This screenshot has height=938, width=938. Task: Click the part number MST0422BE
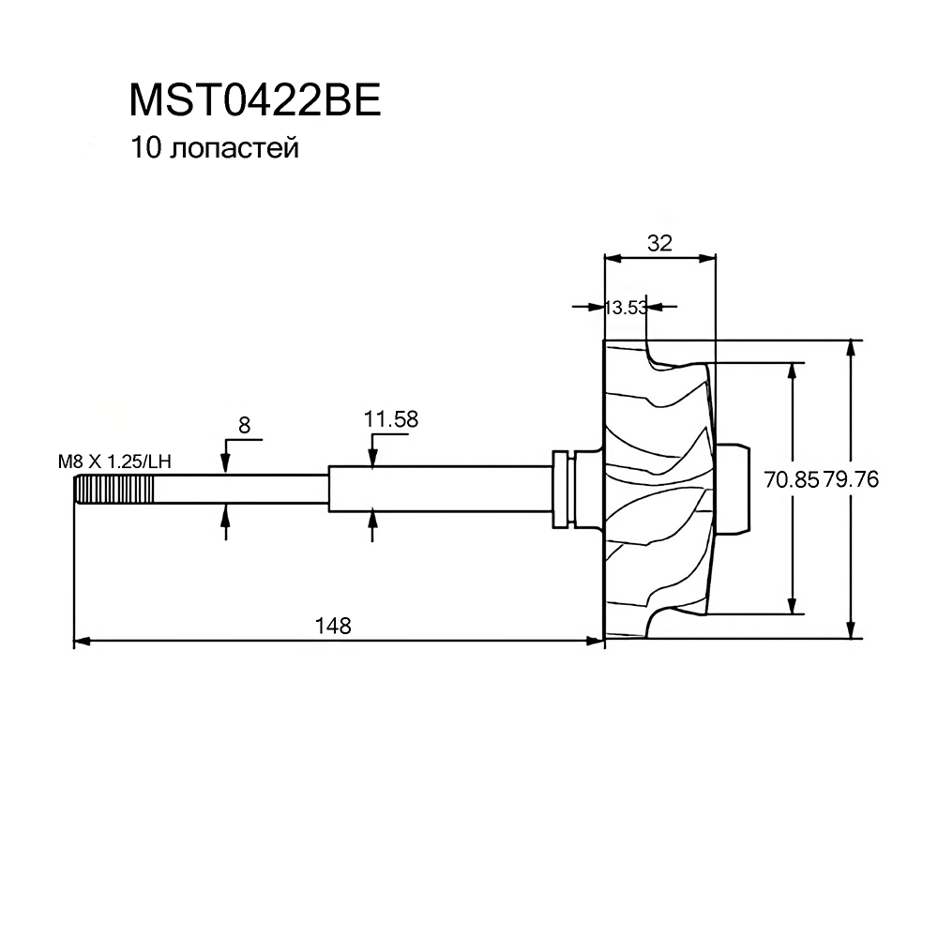255,100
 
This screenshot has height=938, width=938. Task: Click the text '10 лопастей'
215,148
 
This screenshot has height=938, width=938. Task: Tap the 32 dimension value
659,243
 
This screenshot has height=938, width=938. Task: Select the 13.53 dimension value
626,308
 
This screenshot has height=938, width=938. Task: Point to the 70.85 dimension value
791,479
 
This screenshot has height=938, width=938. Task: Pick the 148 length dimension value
333,626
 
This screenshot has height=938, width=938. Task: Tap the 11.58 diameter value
391,419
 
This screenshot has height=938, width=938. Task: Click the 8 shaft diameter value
244,425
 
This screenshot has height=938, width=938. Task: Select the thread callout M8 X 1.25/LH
114,461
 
